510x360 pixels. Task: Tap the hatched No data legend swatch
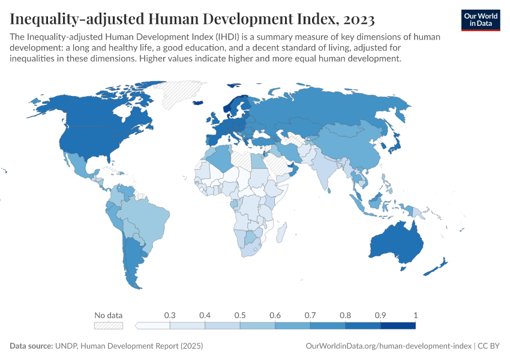point(109,325)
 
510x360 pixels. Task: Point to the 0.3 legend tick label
point(170,315)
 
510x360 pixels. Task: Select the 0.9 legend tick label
point(380,315)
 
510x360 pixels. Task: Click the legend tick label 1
point(415,315)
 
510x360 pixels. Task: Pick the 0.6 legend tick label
point(275,315)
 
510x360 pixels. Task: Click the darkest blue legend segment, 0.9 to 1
point(398,325)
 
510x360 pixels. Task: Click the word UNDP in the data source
point(68,346)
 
